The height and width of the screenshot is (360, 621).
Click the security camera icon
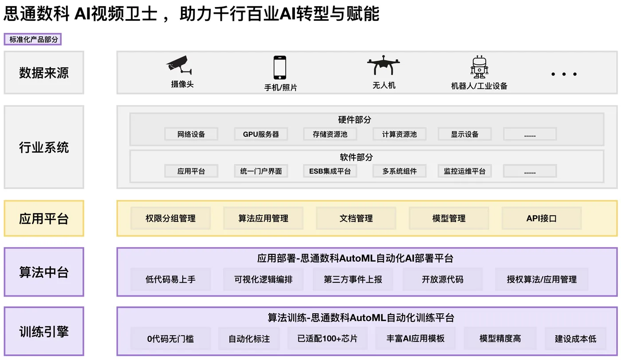click(180, 65)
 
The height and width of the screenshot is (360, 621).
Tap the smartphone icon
click(279, 67)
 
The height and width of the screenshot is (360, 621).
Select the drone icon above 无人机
click(383, 65)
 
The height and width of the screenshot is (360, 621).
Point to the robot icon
click(479, 67)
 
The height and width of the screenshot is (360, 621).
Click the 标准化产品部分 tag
click(33, 40)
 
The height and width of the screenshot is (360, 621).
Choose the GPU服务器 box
click(261, 134)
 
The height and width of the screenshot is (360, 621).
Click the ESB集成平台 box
click(330, 171)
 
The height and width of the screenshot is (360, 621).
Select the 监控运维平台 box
click(464, 171)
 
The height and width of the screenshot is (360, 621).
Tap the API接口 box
click(541, 218)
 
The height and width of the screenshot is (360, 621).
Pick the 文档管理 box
click(356, 218)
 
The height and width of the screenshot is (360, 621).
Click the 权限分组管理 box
click(170, 218)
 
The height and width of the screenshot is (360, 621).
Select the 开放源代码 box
click(442, 279)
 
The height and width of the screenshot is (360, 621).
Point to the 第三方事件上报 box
click(353, 279)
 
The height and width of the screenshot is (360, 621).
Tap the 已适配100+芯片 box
click(327, 339)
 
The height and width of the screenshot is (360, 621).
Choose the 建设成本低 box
click(575, 339)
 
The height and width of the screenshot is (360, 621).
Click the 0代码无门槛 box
click(170, 339)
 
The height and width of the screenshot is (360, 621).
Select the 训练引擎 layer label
click(44, 331)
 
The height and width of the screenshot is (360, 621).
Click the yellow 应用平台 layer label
click(44, 218)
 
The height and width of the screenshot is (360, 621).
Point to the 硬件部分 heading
click(354, 120)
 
